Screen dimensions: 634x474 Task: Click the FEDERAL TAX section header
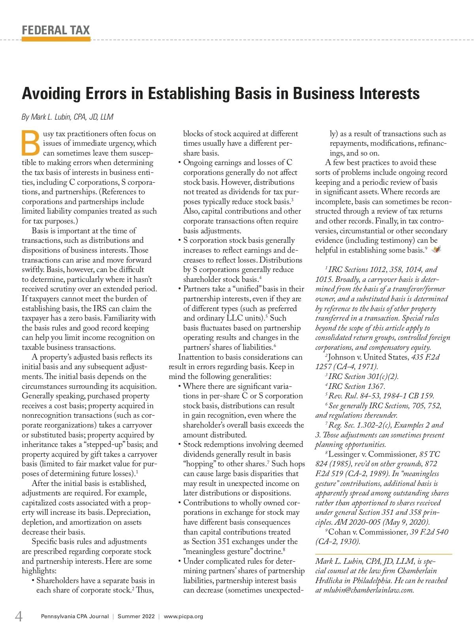coord(56,30)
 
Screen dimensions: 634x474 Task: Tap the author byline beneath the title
coord(68,117)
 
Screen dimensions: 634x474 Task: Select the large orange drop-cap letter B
coord(31,143)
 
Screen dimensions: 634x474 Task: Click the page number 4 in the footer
coord(19,616)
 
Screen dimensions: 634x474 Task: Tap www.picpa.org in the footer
coord(183,616)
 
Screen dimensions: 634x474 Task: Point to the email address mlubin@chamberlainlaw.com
coord(368,590)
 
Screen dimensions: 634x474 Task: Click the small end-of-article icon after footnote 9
coord(436,249)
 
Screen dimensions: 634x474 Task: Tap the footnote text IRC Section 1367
coord(356,386)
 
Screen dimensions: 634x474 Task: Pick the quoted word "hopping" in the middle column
coord(199,464)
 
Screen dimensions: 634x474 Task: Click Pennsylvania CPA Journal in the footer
coord(75,616)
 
